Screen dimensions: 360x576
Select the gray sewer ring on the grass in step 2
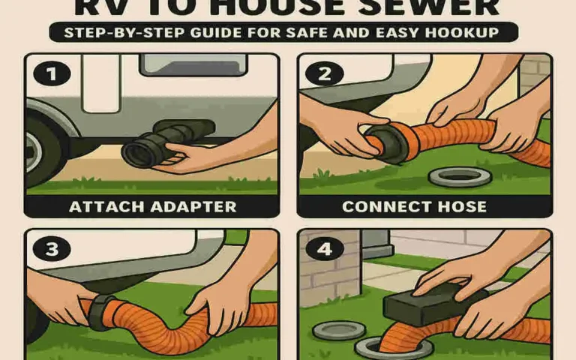tap(459, 178)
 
